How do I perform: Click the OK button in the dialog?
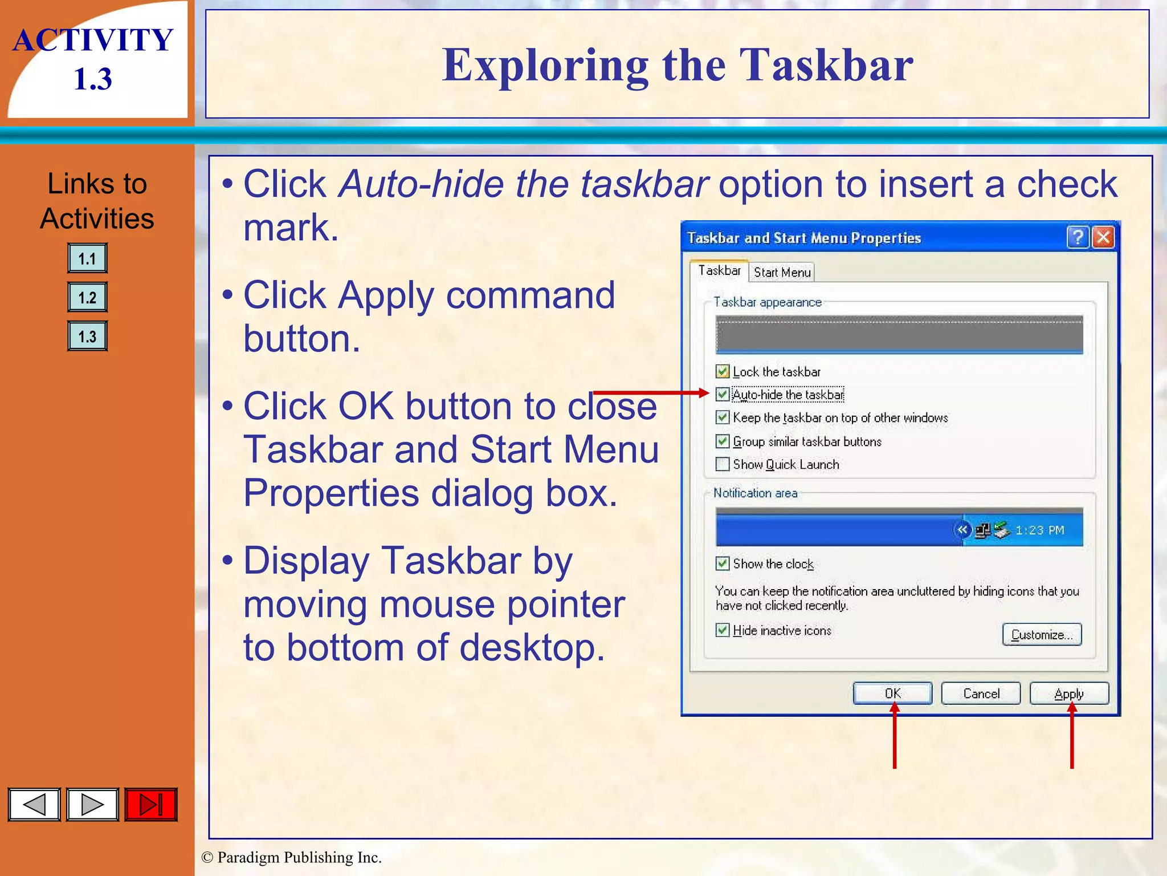892,693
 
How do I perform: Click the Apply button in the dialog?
1069,693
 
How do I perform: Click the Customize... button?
1042,635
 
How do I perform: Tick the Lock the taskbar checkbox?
723,372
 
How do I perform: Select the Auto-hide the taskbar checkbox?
723,395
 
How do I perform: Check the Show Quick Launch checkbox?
723,464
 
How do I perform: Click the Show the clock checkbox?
723,563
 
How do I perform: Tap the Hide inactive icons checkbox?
723,630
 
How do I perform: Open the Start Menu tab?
782,273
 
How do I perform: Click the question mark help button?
1078,237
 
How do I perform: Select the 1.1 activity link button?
87,259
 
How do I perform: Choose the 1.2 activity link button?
87,298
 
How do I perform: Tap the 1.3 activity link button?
87,336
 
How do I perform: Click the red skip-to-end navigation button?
151,805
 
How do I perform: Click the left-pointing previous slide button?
34,805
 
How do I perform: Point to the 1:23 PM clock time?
1040,530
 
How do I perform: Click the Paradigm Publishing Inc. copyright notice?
292,857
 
